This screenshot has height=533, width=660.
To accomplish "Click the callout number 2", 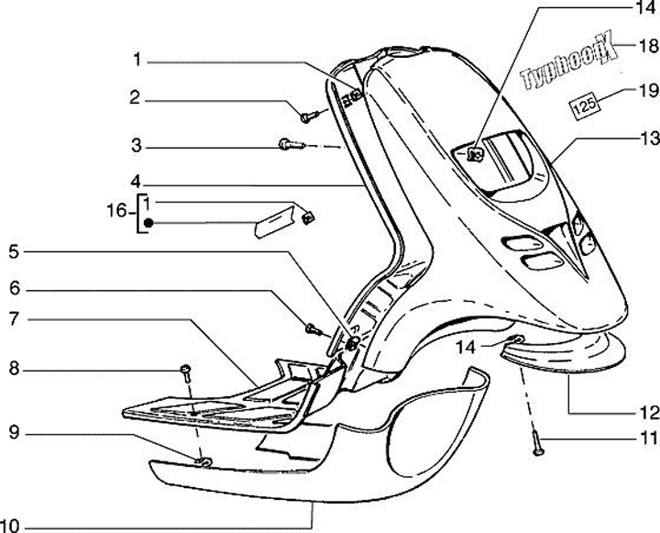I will (134, 98).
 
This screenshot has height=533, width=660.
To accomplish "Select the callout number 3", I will (134, 146).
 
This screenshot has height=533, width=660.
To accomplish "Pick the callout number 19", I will (648, 90).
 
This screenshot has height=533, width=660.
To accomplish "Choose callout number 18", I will (648, 44).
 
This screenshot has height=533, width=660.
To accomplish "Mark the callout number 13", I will (648, 140).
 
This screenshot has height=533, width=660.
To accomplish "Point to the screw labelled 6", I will (313, 326).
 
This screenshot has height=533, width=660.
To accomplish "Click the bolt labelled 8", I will (183, 370).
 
